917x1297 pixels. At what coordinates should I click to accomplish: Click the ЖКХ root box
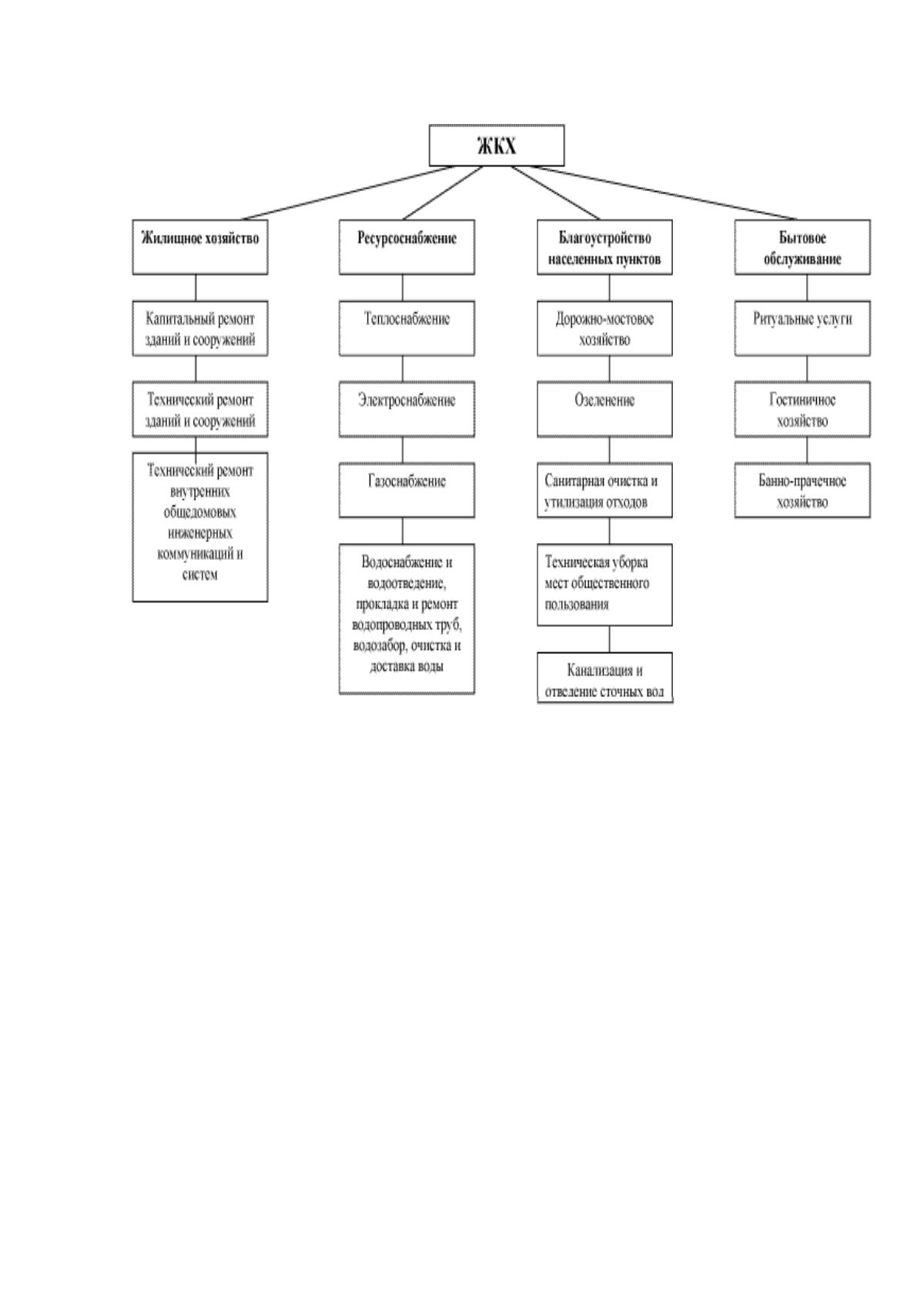click(496, 146)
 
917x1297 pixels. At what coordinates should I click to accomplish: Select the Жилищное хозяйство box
click(199, 246)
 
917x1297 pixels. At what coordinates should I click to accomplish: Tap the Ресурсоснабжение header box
click(407, 246)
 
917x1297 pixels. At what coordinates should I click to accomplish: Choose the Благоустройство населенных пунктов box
click(604, 246)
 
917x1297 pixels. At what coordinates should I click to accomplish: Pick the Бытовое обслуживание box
click(802, 246)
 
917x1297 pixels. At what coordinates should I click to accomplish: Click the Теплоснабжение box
click(407, 328)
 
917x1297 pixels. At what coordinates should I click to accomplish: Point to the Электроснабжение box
click(407, 409)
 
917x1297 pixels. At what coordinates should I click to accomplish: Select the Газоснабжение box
click(407, 490)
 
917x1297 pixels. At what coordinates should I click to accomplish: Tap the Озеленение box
click(604, 409)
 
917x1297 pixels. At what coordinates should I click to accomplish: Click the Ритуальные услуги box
click(802, 328)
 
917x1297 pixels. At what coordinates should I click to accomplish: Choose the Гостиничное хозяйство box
click(802, 409)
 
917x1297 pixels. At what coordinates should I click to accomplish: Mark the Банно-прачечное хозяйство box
click(802, 490)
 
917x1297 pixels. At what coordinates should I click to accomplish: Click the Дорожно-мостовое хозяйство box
click(604, 328)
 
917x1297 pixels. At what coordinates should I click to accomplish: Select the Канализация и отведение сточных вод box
click(604, 678)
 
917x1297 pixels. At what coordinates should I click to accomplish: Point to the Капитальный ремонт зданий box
click(199, 328)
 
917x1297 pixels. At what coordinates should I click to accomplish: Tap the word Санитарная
click(571, 481)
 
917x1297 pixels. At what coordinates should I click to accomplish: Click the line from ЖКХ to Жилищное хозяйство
click(347, 193)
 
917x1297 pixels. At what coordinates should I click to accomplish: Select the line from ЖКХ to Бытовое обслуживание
click(664, 193)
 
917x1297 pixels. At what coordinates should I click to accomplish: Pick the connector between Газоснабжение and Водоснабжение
click(403, 531)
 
